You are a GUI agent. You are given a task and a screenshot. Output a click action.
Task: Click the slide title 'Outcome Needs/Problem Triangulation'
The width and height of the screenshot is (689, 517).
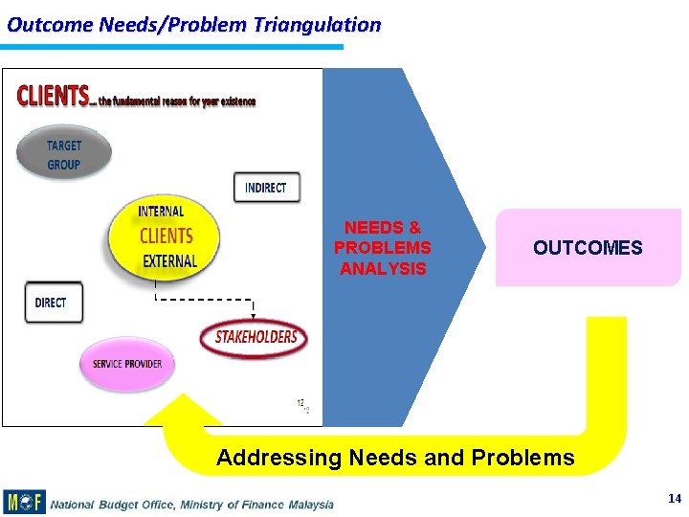point(193,25)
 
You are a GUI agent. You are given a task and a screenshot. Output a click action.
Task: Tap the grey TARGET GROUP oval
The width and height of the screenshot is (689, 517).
point(64,154)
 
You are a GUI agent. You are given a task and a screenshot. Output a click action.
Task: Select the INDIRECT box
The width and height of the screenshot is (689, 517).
point(266,187)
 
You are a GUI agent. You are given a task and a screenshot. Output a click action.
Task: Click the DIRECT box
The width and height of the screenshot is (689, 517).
point(52,303)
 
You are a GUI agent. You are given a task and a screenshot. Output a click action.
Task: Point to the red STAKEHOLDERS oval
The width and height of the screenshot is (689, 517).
point(255,338)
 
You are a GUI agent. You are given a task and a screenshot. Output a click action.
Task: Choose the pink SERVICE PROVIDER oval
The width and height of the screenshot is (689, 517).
point(127,364)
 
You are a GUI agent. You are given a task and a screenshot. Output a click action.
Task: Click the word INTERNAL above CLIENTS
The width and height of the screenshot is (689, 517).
point(161,212)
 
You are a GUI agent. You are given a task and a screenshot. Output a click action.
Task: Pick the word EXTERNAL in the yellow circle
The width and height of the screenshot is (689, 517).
point(169,260)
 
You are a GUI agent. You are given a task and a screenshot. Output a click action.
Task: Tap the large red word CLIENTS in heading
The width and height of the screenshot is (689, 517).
point(53,97)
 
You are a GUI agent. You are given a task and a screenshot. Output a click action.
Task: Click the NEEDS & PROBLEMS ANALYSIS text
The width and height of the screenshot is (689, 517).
point(383,248)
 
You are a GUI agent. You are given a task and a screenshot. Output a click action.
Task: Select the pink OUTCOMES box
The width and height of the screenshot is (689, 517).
point(587,248)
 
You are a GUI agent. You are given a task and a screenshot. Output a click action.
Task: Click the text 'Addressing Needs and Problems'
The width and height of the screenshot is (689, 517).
point(395,458)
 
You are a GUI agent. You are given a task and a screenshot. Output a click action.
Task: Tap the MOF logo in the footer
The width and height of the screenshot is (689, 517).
point(24,502)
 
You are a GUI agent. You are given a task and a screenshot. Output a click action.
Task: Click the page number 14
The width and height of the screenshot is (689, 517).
point(674,498)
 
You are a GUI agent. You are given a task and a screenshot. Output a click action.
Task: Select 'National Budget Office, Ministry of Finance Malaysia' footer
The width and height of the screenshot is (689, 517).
point(191,504)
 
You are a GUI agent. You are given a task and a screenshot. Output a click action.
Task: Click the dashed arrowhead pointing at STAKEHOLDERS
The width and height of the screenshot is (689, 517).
point(254,315)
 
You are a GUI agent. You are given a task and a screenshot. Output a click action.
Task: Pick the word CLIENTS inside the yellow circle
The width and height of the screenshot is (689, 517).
point(167,236)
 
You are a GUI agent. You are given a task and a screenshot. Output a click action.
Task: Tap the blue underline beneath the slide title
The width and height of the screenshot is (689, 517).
point(172,46)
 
